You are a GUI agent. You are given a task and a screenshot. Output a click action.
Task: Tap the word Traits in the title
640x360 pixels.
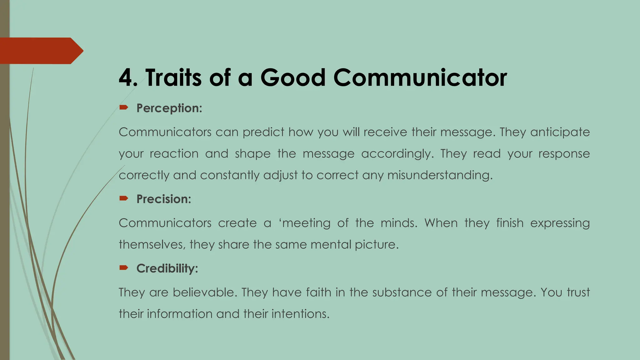coord(173,77)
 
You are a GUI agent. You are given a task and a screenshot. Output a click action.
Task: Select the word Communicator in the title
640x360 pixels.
coord(420,77)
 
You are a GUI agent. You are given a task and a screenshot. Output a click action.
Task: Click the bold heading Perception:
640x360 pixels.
coord(169,108)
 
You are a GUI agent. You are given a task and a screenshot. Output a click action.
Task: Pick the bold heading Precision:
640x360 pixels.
coord(164,199)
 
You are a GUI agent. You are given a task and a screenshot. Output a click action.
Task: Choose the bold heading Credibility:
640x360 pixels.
coord(167,268)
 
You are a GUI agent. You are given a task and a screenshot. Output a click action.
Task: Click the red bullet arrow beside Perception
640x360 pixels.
coord(124,108)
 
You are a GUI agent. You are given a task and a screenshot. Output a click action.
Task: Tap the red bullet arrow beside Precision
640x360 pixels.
coord(124,198)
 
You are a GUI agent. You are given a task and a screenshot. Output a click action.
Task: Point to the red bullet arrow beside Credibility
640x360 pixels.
coord(124,268)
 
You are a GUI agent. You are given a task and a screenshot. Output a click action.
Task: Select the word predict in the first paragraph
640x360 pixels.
coord(263,132)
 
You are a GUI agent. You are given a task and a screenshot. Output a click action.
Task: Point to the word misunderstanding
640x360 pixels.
coord(440,175)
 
